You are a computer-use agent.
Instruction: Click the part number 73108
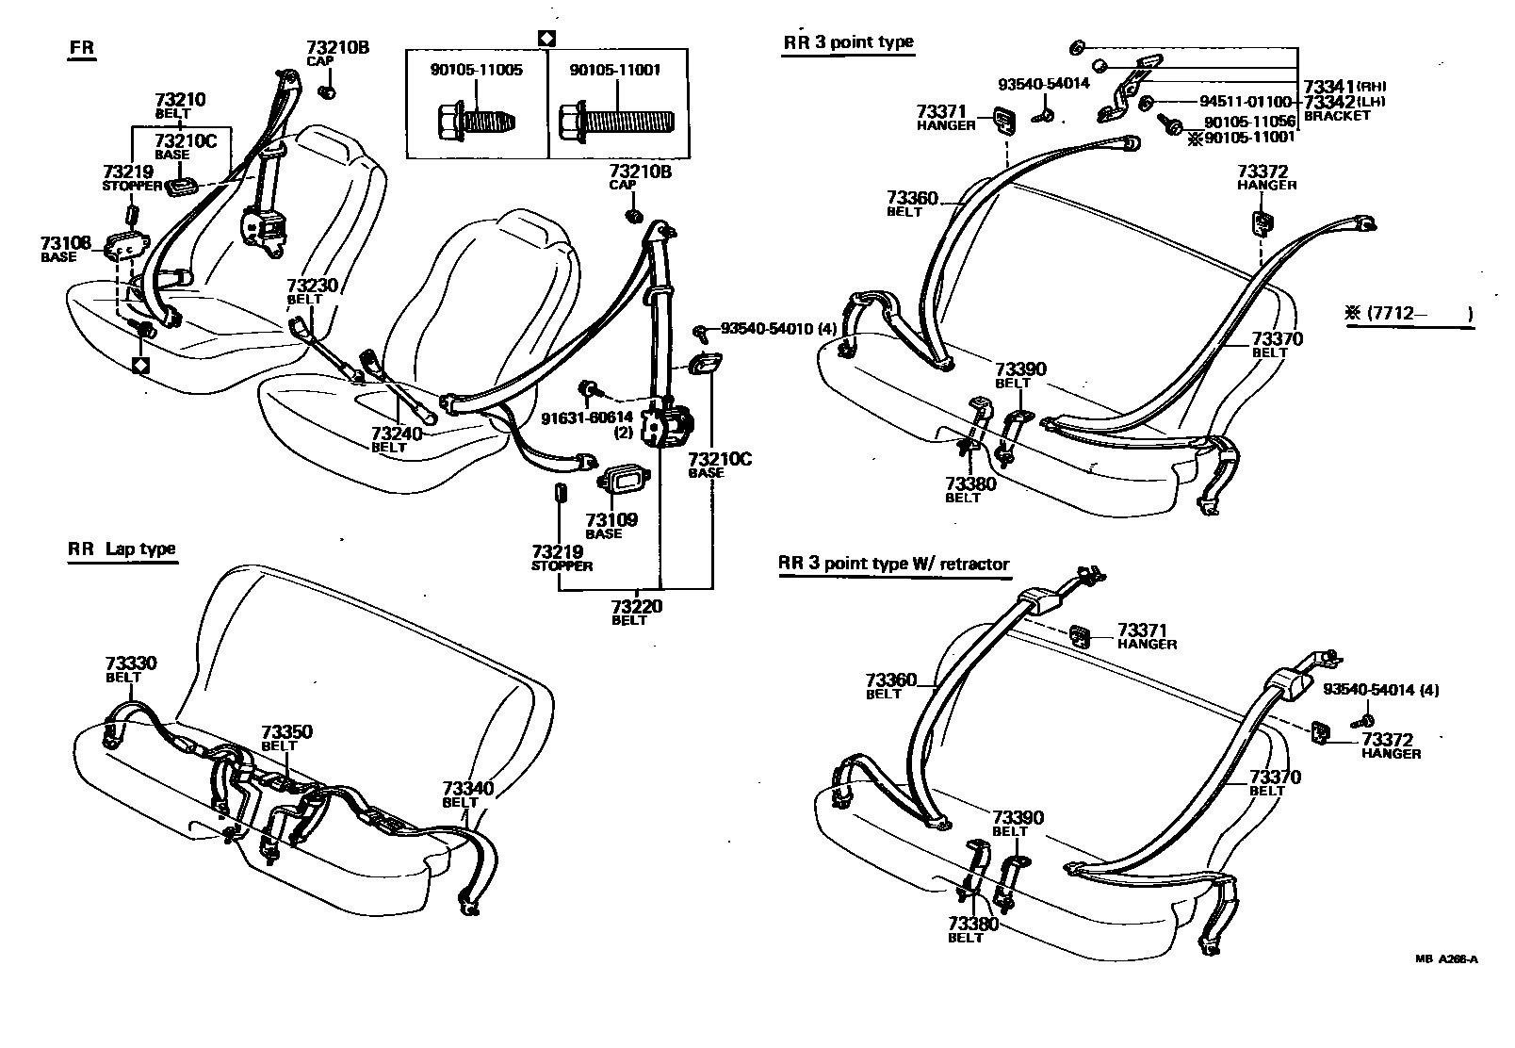coord(66,243)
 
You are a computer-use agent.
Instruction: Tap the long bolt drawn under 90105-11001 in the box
coord(616,122)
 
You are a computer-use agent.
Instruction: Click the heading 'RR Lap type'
coord(122,549)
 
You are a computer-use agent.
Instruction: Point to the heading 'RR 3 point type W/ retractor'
coord(893,565)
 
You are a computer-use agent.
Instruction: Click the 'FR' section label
coord(82,48)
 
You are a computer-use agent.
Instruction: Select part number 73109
coord(611,519)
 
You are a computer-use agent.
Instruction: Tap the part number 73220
coord(636,606)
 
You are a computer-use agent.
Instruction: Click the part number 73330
coord(131,663)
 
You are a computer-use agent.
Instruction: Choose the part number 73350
coord(286,732)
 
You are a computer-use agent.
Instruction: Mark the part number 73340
coord(468,788)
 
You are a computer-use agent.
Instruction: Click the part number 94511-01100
coord(1246,102)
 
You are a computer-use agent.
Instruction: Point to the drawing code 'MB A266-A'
coord(1445,959)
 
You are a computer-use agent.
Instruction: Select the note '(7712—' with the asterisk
coord(1408,314)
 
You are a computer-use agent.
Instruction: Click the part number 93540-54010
coord(767,329)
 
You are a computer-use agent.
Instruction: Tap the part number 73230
coord(312,286)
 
